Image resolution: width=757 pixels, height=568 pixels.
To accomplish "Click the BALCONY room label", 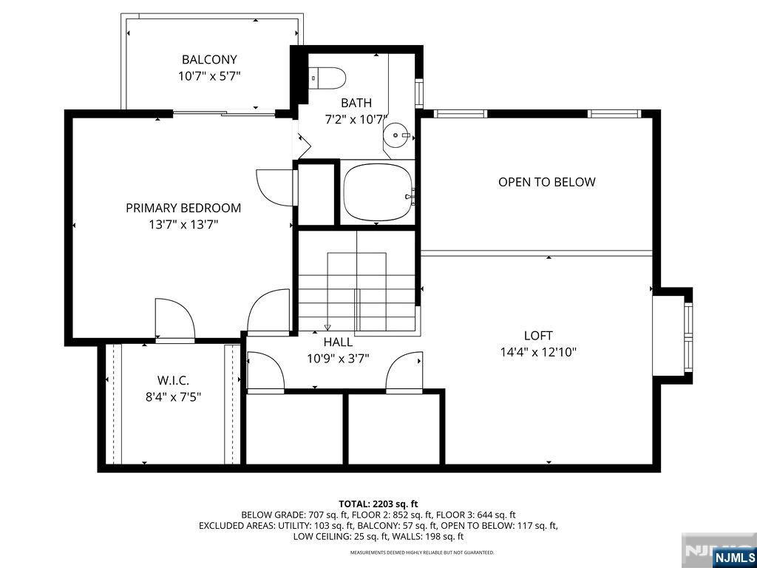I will (209, 60).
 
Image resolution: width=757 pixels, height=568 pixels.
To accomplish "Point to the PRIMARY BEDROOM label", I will (183, 208).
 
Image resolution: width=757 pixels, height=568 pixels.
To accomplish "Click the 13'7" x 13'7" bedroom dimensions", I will (183, 224).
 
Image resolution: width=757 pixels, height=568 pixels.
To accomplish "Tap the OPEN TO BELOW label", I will (546, 182).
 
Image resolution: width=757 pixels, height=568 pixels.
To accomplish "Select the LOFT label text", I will (538, 336).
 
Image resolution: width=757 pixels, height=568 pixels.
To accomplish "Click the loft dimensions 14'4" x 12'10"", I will (538, 353).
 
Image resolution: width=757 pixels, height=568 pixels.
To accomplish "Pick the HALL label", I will (338, 342).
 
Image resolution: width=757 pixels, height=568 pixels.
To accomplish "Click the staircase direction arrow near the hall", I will (327, 327).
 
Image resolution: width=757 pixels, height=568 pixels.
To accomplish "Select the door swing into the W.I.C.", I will (174, 318).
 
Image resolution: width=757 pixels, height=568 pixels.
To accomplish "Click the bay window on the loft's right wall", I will (687, 334).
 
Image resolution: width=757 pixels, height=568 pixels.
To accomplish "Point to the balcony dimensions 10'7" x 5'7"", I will (209, 75).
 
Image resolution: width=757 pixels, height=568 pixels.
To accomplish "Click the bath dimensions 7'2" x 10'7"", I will (356, 119).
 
